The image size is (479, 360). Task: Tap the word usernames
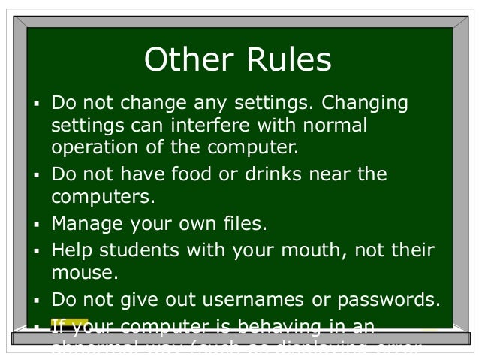point(264,299)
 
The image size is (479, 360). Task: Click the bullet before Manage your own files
point(35,225)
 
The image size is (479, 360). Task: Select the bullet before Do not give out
point(35,301)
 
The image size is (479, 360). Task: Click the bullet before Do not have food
point(35,175)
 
